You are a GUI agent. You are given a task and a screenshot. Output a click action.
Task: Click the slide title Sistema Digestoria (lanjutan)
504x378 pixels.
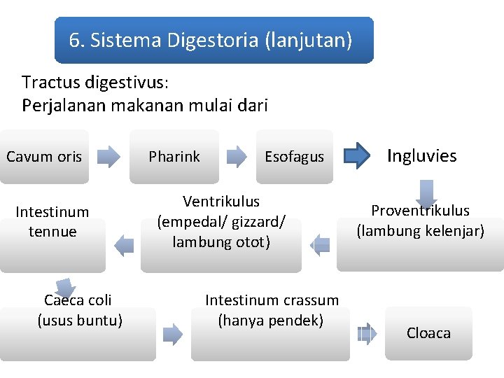[210, 41]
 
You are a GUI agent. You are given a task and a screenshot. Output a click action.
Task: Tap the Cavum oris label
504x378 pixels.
[44, 157]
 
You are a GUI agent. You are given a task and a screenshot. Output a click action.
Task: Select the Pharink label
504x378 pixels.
[174, 157]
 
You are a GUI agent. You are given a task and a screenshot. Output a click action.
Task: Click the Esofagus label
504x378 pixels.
[294, 157]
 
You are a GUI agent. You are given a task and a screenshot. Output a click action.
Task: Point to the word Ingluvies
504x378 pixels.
[421, 155]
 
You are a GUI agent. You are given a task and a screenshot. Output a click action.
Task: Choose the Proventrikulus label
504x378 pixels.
[420, 211]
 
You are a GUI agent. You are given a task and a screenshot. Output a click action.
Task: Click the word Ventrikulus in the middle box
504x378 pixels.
[221, 202]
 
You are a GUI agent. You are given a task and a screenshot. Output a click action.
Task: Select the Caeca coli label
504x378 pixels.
[78, 300]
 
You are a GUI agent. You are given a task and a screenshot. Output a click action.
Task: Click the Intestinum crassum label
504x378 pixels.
[272, 300]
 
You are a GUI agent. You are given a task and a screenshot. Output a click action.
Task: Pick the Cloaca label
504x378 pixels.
[428, 333]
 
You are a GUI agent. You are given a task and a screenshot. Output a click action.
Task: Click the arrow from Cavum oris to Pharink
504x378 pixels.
[108, 157]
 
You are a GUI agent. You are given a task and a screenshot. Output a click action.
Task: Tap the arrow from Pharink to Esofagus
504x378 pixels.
[238, 157]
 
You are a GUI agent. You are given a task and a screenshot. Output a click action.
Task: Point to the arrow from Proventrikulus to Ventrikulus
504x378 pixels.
[320, 244]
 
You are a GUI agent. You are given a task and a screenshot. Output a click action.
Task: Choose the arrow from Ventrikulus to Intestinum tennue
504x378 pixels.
[124, 244]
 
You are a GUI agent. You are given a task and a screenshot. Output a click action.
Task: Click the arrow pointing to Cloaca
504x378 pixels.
[367, 334]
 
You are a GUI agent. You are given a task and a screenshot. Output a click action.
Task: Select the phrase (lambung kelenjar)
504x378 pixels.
[420, 230]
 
